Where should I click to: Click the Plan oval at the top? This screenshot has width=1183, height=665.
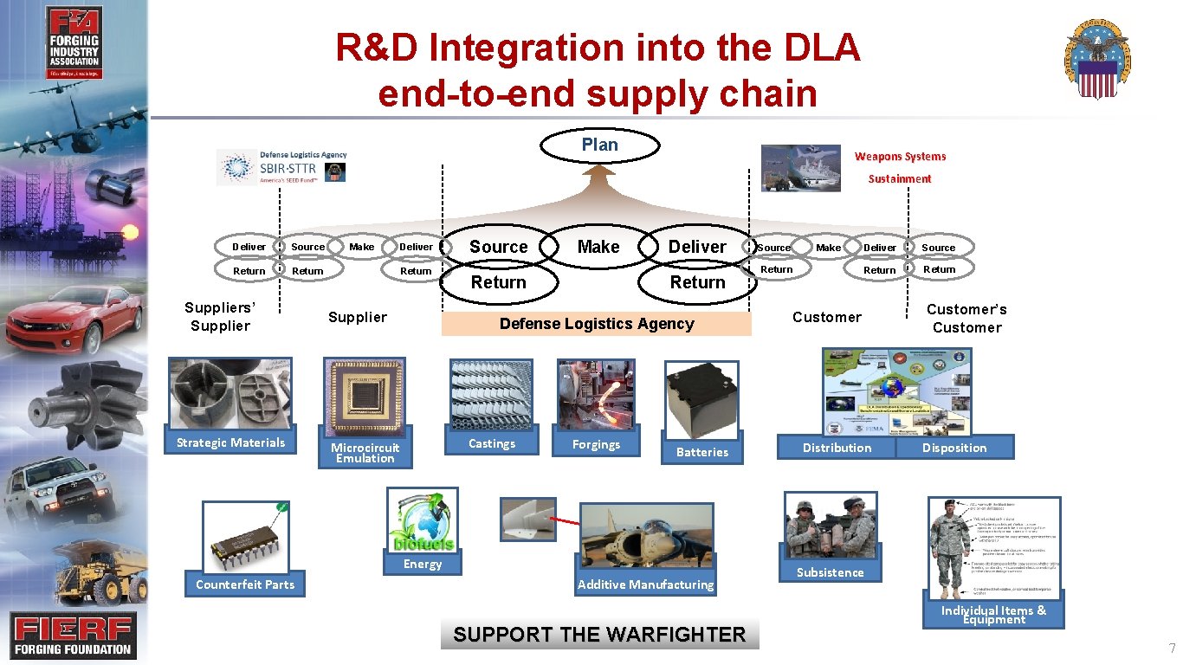599,145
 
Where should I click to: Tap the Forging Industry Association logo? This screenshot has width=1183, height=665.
74,43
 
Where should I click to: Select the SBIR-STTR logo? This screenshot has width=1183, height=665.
281,166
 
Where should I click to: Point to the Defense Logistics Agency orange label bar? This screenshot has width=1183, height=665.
596,324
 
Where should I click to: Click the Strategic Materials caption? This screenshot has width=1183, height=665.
230,442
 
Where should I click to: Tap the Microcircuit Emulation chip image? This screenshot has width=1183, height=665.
364,394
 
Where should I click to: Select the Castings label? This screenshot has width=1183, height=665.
491,443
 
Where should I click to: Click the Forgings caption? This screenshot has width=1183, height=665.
596,444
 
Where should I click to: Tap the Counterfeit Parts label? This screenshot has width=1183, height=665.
245,584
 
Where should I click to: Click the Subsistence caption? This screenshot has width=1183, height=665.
830,572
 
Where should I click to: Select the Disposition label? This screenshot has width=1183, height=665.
954,448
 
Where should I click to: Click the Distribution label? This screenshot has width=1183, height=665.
837,448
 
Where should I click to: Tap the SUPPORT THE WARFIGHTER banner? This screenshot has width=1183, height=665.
599,635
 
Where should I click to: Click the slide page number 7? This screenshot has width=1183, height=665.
1172,649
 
